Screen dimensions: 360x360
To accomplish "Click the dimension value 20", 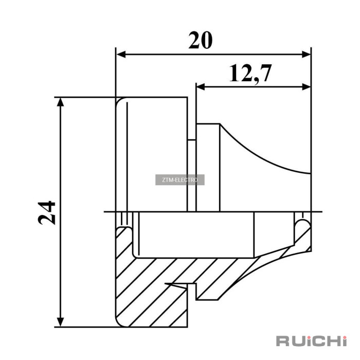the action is click(x=201, y=41).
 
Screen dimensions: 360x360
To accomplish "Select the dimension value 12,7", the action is click(x=250, y=74).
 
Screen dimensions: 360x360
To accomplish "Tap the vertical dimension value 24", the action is click(x=47, y=213).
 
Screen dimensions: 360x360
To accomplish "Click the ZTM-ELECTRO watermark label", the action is click(x=180, y=180).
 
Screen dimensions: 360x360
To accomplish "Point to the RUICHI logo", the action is click(x=311, y=341).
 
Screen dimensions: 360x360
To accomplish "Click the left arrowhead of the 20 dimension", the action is click(x=121, y=55).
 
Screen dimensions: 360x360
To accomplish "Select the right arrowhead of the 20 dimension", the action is click(x=306, y=55).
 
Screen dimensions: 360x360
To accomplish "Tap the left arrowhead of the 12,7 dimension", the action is click(x=201, y=87).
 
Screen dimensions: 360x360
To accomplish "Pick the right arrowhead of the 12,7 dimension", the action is click(x=306, y=87).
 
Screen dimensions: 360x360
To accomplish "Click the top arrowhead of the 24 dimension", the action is click(x=60, y=102).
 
